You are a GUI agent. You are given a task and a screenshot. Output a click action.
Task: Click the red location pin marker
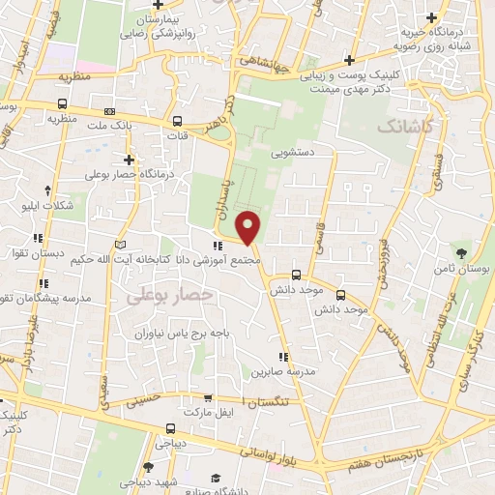[x=248, y=227]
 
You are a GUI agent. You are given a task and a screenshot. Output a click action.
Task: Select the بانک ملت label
[x=109, y=126]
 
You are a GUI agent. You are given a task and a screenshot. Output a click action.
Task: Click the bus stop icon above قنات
[x=177, y=122]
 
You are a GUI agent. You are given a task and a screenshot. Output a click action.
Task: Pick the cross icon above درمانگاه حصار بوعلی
[x=129, y=160]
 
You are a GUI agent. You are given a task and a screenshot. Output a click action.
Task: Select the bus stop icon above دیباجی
[x=170, y=428]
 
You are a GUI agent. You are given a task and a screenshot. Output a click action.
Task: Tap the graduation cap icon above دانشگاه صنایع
[x=214, y=479]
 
